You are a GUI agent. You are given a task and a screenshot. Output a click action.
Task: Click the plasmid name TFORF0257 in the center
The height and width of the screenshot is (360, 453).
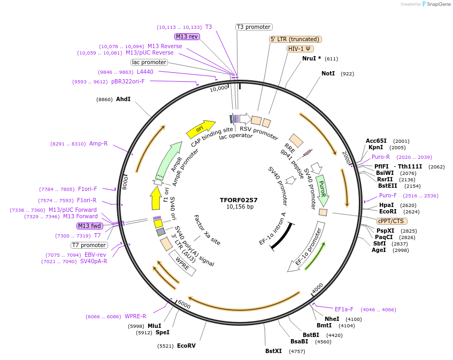coord(239,200)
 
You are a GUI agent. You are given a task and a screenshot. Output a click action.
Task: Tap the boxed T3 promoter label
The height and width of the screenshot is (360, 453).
coord(254,27)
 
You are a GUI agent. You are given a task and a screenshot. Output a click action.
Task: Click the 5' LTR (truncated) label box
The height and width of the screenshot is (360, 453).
coord(295,39)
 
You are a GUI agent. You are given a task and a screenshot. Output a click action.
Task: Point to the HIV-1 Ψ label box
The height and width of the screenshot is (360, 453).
coord(301,49)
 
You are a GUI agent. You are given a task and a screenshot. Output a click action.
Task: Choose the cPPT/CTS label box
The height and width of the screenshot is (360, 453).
coord(391,221)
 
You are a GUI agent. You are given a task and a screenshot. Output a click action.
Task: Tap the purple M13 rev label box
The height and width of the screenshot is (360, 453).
coord(187,36)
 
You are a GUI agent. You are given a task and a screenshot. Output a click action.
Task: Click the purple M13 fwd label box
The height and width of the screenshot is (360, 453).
coord(89,226)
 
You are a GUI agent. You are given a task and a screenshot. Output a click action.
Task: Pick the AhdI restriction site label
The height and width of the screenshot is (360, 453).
coord(123,99)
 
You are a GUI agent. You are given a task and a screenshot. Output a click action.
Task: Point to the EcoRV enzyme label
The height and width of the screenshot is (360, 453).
coord(186,346)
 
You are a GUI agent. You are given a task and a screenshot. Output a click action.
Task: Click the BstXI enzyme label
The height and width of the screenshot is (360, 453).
coord(273,351)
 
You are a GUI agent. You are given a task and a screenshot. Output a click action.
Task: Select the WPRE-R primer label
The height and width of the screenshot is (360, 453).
coord(135,316)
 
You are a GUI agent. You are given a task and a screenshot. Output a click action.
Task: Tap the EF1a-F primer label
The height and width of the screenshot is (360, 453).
coord(344,309)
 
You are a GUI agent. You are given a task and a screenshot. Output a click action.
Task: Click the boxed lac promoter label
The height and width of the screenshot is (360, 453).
coord(149,62)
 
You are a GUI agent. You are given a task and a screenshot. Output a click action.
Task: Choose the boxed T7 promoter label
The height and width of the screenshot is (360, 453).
coord(89,245)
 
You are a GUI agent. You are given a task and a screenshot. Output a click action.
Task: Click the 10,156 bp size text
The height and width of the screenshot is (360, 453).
coord(239,207)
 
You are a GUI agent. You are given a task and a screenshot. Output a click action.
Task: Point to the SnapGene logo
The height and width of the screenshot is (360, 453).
coord(436,4)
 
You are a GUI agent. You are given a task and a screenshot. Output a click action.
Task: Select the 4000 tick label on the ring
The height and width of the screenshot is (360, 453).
coord(318,287)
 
